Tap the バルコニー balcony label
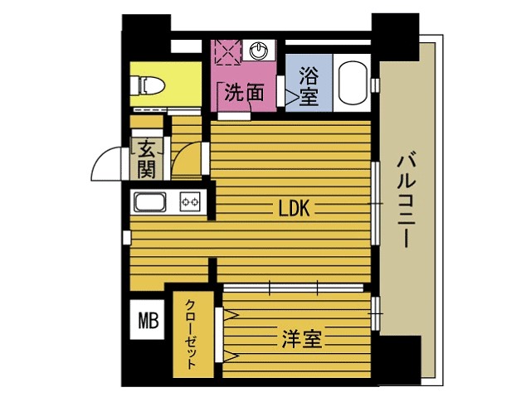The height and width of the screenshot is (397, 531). tap(406, 199)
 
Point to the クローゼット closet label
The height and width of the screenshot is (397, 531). tap(191, 333)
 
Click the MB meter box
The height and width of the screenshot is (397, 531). tap(148, 320)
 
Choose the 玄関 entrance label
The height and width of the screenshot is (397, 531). tap(147, 160)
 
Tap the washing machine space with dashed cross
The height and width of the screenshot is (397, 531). tap(226, 51)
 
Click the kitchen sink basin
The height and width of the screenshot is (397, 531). tap(151, 202)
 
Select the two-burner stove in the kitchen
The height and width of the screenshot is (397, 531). tap(191, 201)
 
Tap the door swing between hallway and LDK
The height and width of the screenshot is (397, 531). tap(188, 160)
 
